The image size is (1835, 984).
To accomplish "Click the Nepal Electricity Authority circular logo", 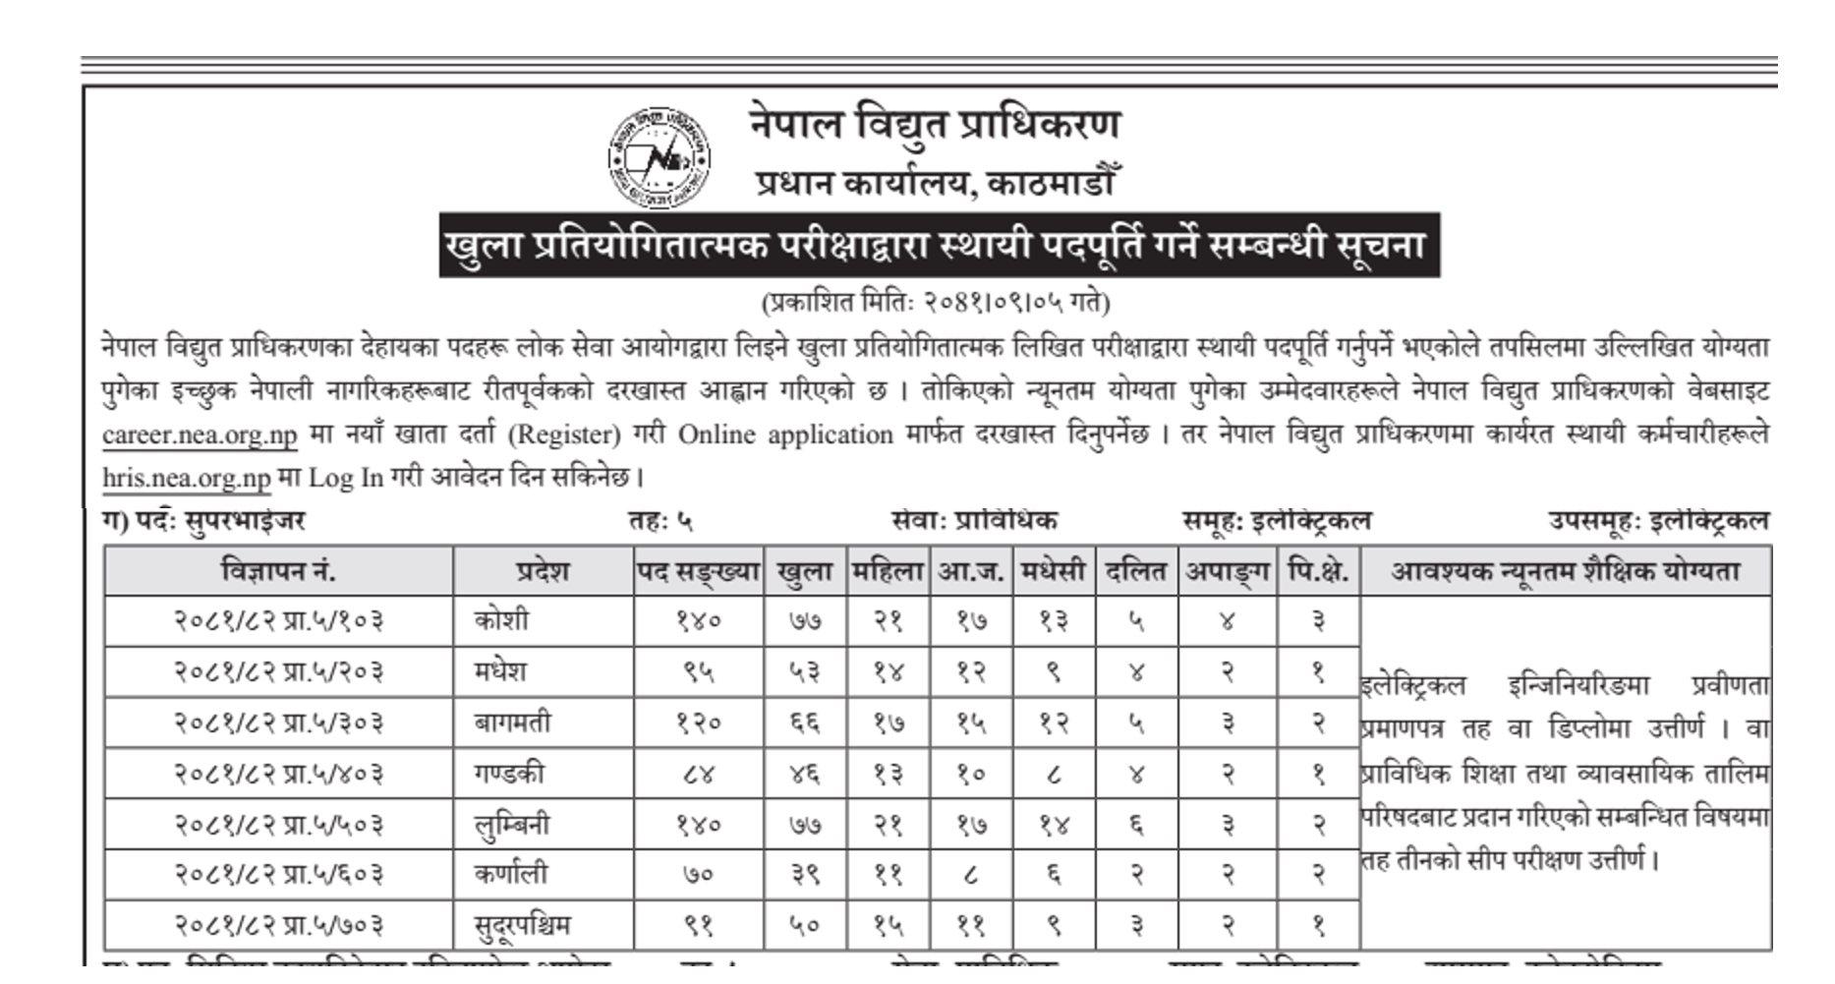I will coord(659,157).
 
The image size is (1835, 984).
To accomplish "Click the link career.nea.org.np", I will coord(200,434).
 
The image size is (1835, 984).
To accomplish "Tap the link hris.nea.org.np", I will coord(186,478).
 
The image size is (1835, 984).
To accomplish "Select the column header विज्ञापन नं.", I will coord(278,571).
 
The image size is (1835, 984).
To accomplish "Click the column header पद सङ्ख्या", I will coord(699,571).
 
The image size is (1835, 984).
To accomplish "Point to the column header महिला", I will coord(889,571).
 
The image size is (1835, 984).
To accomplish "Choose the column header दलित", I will coord(1137,571).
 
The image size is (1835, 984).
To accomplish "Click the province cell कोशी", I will coord(501,621).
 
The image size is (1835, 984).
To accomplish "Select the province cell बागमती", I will coord(512,724).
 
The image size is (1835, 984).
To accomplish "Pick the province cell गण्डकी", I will coord(508,774).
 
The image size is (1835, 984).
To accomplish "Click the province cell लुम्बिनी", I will coord(511,825).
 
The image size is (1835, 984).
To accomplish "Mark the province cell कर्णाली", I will coord(510,875).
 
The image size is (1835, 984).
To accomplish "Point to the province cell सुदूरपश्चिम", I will coord(522,926).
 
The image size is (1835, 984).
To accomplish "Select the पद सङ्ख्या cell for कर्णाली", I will coord(699,875).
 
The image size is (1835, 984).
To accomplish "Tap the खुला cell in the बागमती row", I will coord(805,724).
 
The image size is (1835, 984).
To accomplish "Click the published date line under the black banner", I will coord(936,302).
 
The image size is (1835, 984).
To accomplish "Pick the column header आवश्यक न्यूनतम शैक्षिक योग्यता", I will coord(1565,571).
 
